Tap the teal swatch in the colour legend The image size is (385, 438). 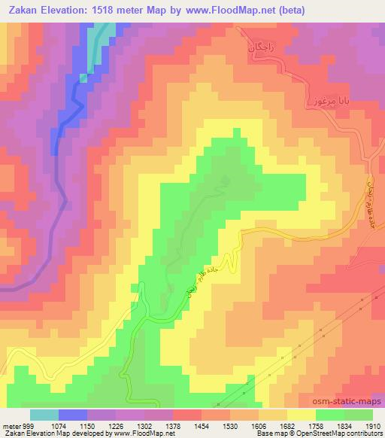pyautogui.click(x=44, y=415)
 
